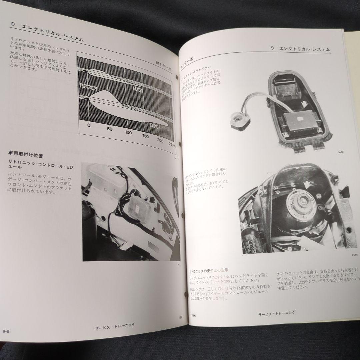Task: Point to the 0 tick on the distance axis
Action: pyautogui.click(x=89, y=125)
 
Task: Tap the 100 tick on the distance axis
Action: pyautogui.click(x=129, y=132)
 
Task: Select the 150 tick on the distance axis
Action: pyautogui.click(x=145, y=136)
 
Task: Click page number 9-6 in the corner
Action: pyautogui.click(x=7, y=331)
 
